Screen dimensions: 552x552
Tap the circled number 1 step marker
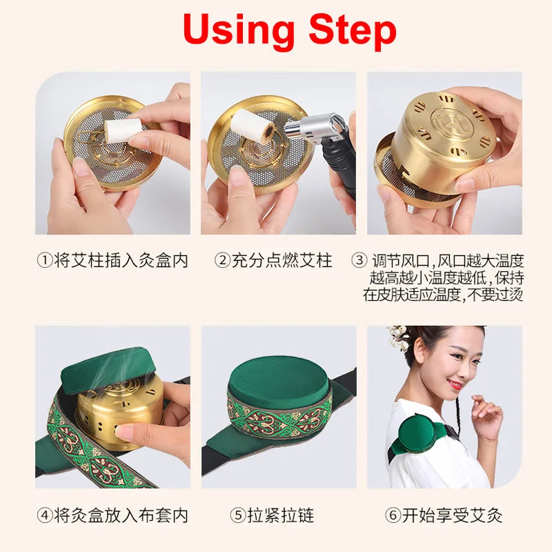(x=45, y=261)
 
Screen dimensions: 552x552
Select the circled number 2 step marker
(x=222, y=261)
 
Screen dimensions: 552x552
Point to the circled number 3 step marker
(x=359, y=261)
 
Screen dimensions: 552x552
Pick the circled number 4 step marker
(x=45, y=515)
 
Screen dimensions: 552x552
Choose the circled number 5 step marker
(x=238, y=515)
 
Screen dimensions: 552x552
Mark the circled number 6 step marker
(x=393, y=515)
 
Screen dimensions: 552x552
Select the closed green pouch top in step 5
(x=279, y=377)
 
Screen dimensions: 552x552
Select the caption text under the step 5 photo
(x=272, y=515)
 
